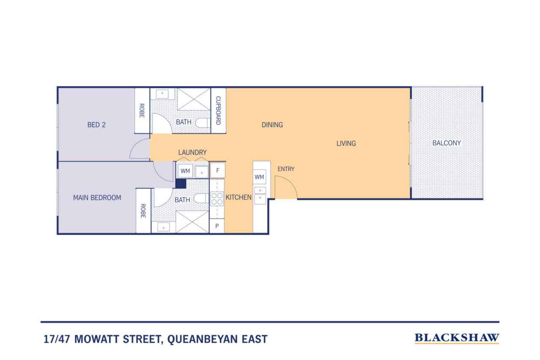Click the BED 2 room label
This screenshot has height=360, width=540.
tap(97, 125)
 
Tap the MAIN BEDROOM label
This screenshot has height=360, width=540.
tap(97, 198)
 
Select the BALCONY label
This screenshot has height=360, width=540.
tap(446, 143)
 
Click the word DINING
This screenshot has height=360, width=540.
tap(272, 125)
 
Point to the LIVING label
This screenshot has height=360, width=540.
tap(346, 143)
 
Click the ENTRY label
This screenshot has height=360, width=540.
tap(286, 169)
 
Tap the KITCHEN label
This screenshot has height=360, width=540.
tap(238, 197)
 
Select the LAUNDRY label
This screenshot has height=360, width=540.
tap(192, 152)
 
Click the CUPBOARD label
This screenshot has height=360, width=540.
tap(218, 111)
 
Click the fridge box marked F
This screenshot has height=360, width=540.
tap(218, 171)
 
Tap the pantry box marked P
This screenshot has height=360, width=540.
tap(217, 226)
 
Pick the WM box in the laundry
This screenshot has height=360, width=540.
tap(185, 171)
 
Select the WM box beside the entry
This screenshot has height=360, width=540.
tap(259, 177)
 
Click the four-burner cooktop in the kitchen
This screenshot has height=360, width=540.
tap(217, 199)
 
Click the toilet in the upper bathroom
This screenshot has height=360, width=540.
tap(202, 123)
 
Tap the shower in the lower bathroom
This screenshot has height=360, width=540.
tap(192, 222)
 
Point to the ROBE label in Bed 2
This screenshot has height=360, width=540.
tap(142, 111)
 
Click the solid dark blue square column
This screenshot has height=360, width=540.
tap(181, 184)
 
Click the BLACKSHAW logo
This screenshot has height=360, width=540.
tap(456, 338)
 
